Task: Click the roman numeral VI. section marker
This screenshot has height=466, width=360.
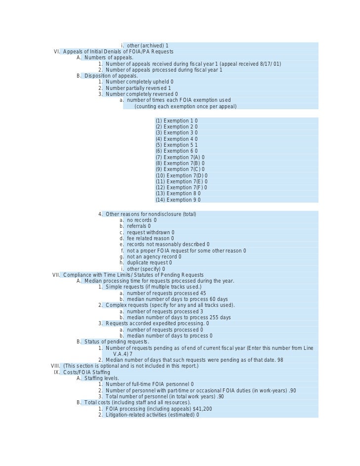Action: (x=57, y=52)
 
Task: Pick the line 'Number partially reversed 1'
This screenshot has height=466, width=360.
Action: (x=138, y=88)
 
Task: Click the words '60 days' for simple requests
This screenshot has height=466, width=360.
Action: (x=218, y=299)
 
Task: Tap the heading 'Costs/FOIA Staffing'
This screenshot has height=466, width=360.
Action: (x=87, y=372)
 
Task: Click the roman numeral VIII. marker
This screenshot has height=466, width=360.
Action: (x=55, y=366)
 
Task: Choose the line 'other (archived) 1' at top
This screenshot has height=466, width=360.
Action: (x=147, y=46)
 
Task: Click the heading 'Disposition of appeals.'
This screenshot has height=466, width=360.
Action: (x=111, y=76)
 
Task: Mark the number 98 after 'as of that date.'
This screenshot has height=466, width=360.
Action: (x=280, y=360)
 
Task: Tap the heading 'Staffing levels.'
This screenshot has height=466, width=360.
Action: (x=101, y=379)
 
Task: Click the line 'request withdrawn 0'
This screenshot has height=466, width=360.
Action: (x=150, y=232)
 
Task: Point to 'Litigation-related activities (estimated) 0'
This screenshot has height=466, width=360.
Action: (x=152, y=415)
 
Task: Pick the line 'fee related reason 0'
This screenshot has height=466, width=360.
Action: (x=150, y=239)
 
